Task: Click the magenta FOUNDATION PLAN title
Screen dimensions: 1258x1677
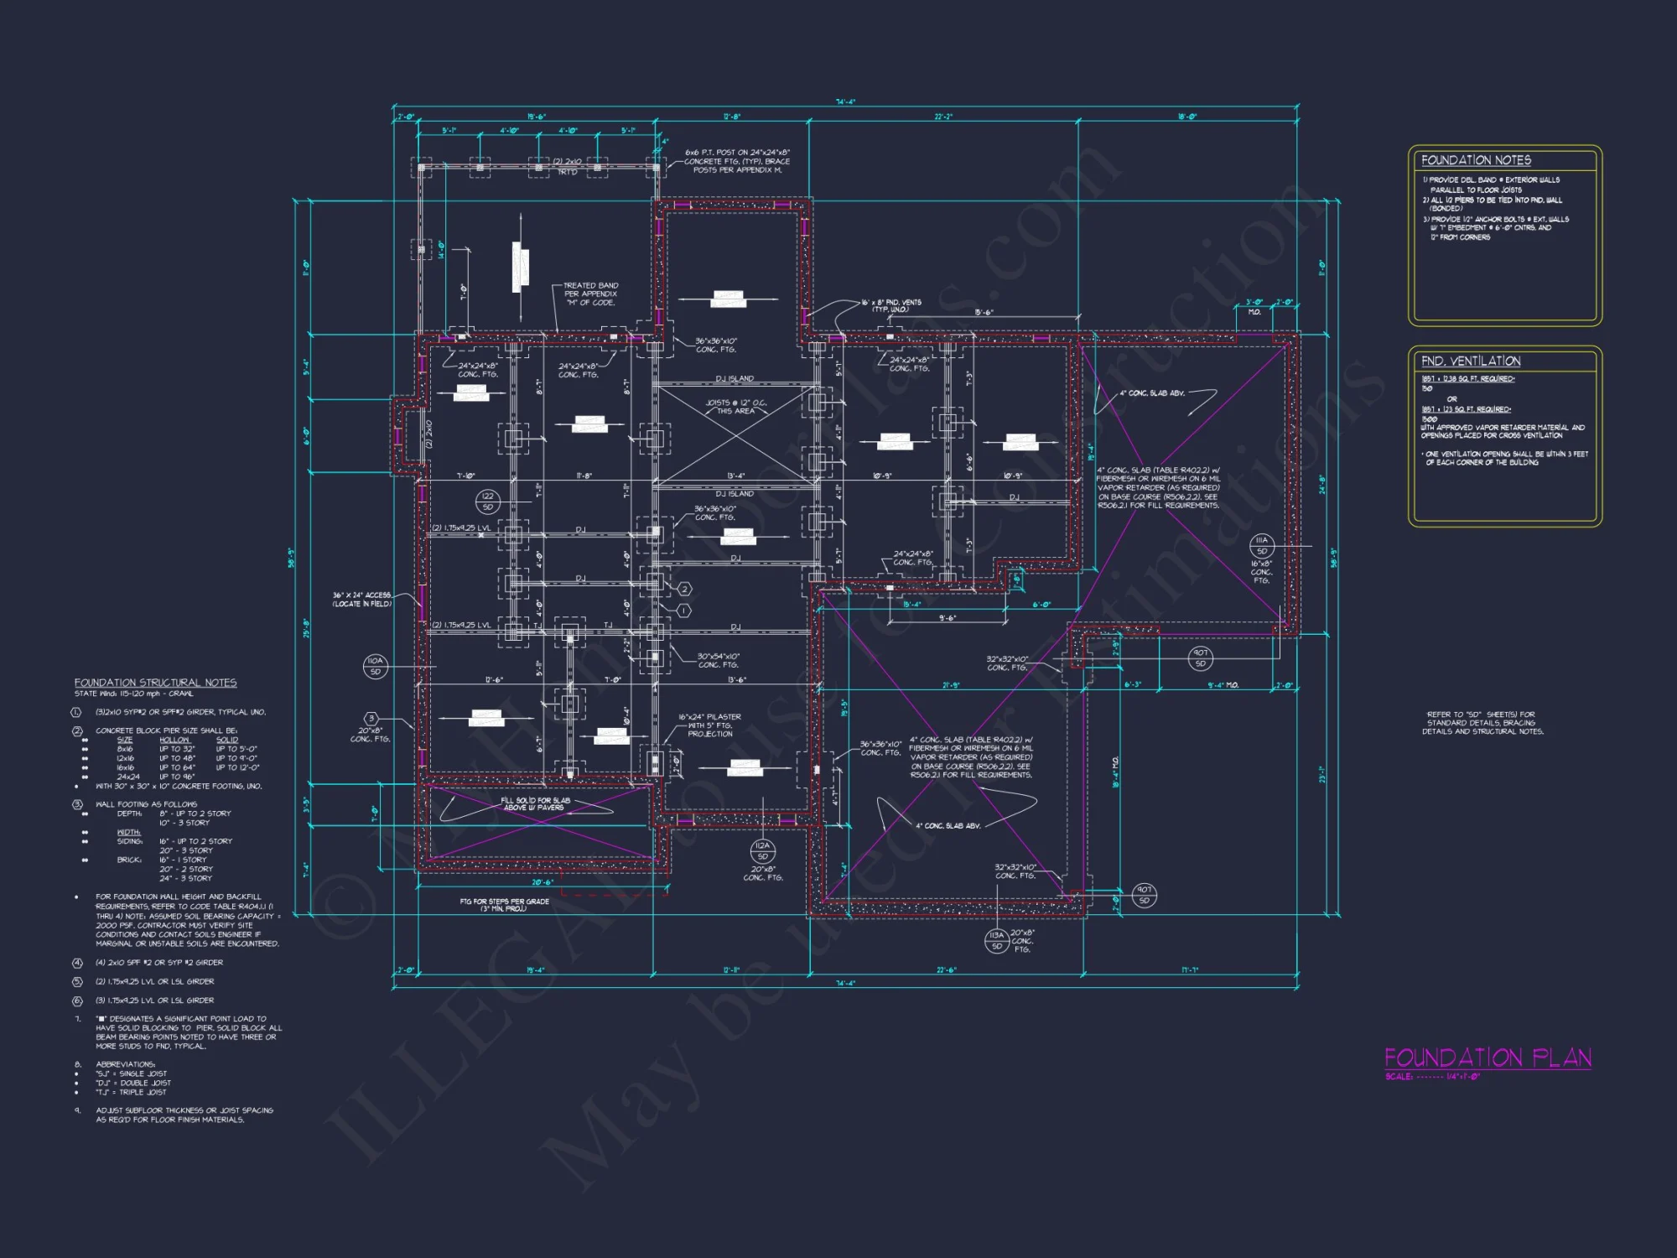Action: [1487, 1058]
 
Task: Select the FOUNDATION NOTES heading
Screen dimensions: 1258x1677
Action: [1476, 160]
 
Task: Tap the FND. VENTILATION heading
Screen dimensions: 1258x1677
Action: [1471, 361]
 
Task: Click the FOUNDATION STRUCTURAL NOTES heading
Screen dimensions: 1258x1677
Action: [155, 683]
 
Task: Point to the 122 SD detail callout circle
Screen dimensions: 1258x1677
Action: [488, 502]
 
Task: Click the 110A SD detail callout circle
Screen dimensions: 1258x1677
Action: [375, 666]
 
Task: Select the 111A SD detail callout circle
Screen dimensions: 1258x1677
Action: [1261, 545]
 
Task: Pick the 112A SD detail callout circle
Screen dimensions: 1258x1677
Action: [762, 850]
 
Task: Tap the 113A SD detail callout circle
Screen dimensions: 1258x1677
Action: [996, 940]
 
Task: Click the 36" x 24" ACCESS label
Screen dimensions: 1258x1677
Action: [362, 599]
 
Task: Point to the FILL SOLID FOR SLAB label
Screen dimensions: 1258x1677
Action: [535, 803]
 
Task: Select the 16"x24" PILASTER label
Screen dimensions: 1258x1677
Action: [709, 725]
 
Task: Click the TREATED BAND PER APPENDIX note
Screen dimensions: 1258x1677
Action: [590, 294]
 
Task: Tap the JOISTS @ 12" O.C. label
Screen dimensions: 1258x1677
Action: [735, 407]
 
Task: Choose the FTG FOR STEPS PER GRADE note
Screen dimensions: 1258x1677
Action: [504, 905]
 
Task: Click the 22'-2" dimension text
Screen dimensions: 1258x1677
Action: [943, 117]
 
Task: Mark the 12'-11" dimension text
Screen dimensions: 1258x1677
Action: [730, 970]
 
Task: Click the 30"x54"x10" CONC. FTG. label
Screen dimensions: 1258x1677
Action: [718, 660]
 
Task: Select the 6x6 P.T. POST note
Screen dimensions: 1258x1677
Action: [737, 161]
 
